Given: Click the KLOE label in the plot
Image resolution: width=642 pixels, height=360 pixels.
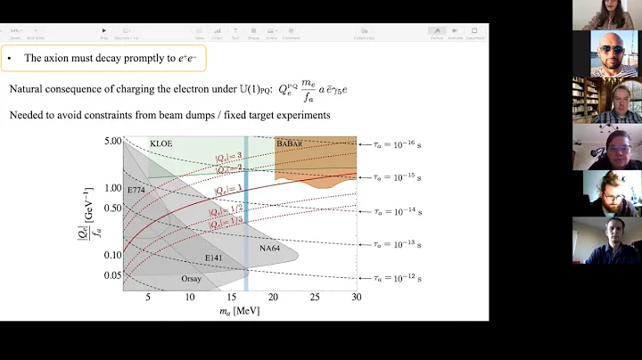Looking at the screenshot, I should pos(161,143).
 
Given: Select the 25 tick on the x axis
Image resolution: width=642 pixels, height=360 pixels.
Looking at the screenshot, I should pos(314,297).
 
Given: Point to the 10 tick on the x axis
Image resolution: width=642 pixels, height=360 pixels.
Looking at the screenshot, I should pos(189,297).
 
